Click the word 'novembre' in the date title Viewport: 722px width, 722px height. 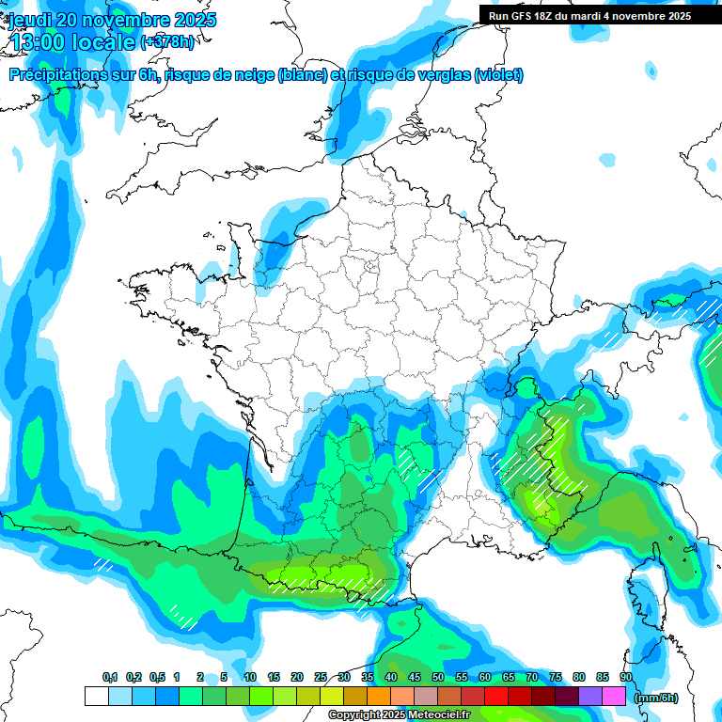(125, 20)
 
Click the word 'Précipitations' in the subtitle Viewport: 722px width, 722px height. (57, 75)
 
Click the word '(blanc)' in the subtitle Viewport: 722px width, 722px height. (303, 75)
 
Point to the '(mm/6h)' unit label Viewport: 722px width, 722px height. (656, 698)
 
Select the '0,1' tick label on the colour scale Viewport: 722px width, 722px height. (110, 678)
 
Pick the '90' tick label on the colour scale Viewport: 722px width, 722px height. (626, 678)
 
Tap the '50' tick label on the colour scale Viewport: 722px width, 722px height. (438, 678)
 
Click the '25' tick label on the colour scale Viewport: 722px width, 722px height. (321, 678)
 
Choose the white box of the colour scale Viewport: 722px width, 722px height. (96, 697)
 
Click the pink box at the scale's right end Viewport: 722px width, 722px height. (614, 697)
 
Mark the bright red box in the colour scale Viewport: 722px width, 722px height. (496, 697)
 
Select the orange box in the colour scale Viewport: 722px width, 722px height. (379, 697)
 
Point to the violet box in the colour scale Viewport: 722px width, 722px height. (590, 697)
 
